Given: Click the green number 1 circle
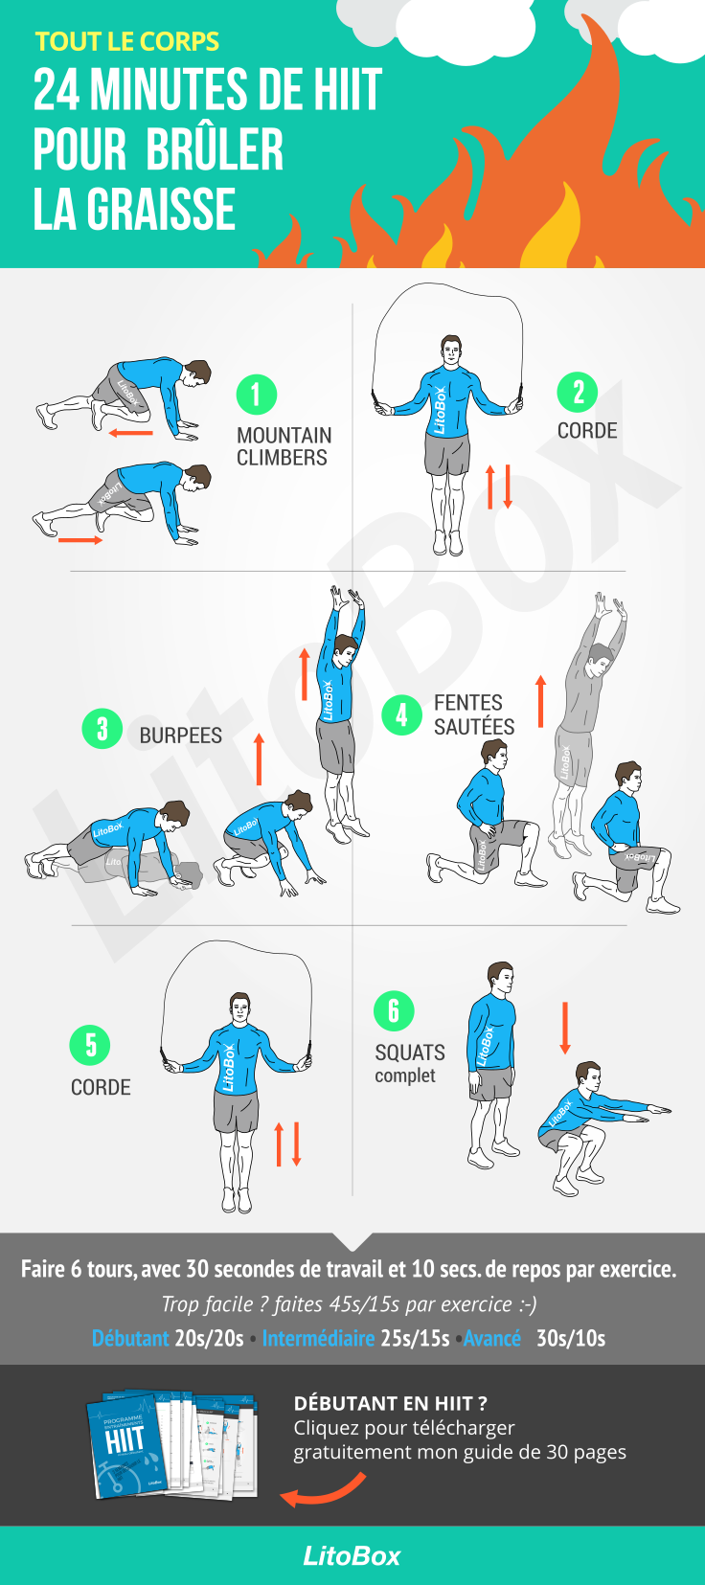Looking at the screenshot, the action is pyautogui.click(x=257, y=395).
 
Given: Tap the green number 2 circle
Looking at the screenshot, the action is pyautogui.click(x=578, y=392).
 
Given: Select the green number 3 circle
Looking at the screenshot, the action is pyautogui.click(x=102, y=728).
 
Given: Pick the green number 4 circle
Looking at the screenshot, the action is pyautogui.click(x=401, y=714).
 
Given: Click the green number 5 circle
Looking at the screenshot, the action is pyautogui.click(x=90, y=1045).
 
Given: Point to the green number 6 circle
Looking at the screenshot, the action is pyautogui.click(x=394, y=1010).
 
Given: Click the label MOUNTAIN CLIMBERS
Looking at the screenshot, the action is pyautogui.click(x=284, y=446).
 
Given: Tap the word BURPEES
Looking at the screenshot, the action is pyautogui.click(x=180, y=736).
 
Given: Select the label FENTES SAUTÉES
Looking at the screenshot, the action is pyautogui.click(x=474, y=714).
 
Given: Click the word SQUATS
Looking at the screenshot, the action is pyautogui.click(x=410, y=1053).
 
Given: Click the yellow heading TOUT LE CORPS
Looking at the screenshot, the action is pyautogui.click(x=127, y=42).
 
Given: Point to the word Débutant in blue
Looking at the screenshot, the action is pyautogui.click(x=130, y=1338).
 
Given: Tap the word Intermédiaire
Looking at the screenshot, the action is pyautogui.click(x=319, y=1338).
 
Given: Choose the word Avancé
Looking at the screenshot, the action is pyautogui.click(x=492, y=1338).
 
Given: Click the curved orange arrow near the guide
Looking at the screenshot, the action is pyautogui.click(x=324, y=1490).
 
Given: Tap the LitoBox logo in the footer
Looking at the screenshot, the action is pyautogui.click(x=352, y=1556).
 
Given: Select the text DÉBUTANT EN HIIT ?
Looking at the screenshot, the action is pyautogui.click(x=391, y=1403).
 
